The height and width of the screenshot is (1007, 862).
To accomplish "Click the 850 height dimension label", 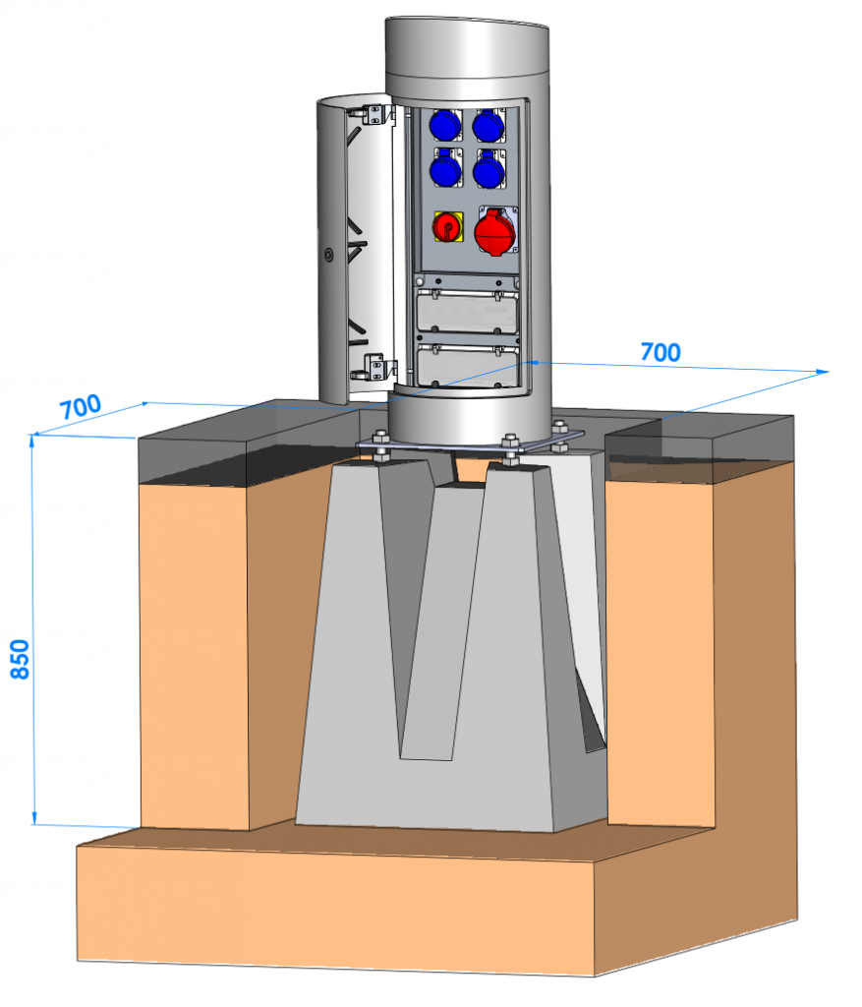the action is (20, 659).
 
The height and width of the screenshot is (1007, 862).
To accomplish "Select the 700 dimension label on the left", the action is (81, 407).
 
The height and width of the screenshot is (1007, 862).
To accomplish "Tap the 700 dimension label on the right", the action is (661, 352).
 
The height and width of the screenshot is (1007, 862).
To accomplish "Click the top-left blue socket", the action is (445, 125).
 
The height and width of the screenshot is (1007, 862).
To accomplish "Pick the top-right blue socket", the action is (488, 125).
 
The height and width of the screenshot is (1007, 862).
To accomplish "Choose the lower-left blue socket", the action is (445, 168).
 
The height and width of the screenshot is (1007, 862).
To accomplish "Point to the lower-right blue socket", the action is (488, 170).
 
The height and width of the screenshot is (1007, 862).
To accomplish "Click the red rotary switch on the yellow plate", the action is (446, 227).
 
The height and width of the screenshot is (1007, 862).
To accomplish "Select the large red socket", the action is (494, 231).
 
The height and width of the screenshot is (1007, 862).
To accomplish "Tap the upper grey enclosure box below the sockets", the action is (467, 312).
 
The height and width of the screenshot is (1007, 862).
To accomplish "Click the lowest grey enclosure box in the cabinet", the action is (467, 366).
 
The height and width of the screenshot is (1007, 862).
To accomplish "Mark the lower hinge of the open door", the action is (376, 367).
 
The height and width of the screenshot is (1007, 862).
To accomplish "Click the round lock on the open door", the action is (328, 255).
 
